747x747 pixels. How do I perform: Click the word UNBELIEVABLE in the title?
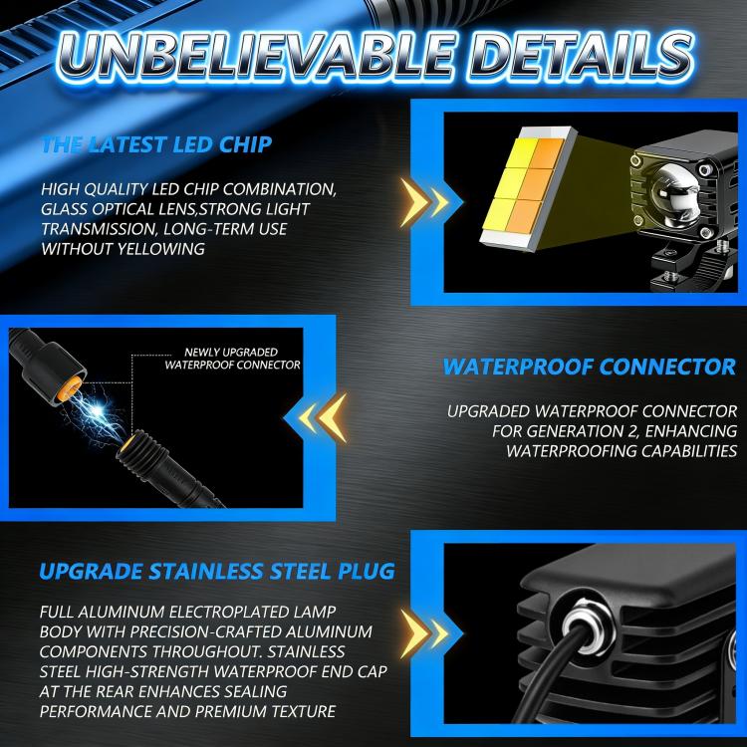(x=255, y=56)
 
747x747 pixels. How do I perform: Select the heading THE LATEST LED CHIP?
(x=157, y=144)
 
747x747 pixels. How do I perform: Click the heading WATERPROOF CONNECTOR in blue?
(x=590, y=367)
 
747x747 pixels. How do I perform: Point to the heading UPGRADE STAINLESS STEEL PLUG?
(x=217, y=572)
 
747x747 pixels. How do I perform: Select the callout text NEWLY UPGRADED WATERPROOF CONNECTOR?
(x=232, y=359)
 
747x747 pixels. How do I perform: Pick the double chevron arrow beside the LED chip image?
(x=424, y=202)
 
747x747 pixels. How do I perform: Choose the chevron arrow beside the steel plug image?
(x=424, y=633)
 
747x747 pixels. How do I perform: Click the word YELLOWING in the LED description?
(x=161, y=249)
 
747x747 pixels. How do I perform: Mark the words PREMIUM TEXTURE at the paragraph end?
(x=265, y=711)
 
